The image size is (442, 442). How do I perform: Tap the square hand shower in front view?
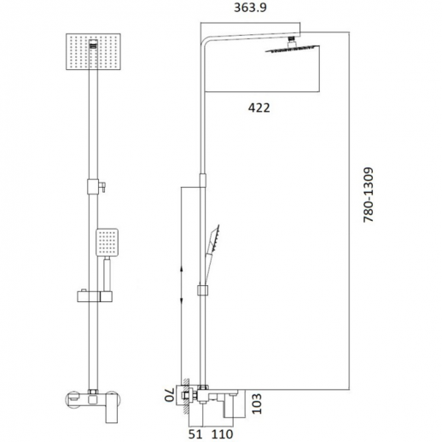click(107, 242)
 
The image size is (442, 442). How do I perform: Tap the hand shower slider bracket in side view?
click(202, 289)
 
